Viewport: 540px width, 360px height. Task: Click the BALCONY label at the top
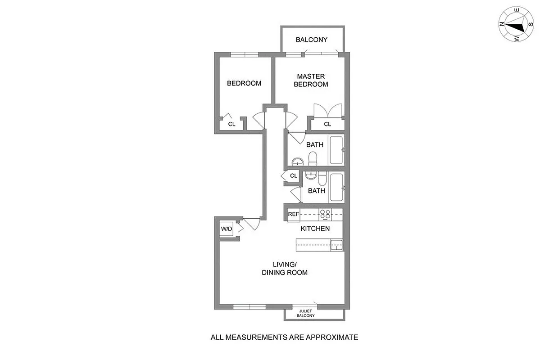click(312, 40)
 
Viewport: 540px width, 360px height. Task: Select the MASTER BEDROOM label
click(311, 81)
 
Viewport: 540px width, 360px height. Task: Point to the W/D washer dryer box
click(226, 229)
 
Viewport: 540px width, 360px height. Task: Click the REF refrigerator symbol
click(293, 214)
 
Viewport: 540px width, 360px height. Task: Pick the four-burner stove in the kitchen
click(325, 214)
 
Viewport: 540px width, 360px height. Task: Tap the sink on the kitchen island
click(336, 245)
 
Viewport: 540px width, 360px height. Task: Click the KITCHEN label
click(315, 229)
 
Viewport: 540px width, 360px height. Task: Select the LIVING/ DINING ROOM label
click(285, 268)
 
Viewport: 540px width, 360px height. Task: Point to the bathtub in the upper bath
click(336, 150)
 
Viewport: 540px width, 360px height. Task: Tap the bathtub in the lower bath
click(336, 187)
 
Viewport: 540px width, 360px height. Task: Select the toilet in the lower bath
click(322, 179)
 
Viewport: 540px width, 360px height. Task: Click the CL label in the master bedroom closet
click(327, 124)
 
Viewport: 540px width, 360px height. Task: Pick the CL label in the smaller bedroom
click(231, 124)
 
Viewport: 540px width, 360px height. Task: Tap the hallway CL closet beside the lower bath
click(293, 175)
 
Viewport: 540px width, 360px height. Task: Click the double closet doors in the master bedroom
click(328, 110)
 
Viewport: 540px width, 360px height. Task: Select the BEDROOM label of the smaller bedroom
click(244, 83)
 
